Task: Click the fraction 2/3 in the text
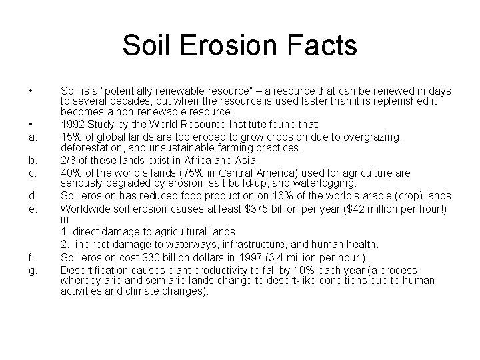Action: click(x=69, y=160)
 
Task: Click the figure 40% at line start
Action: click(x=71, y=172)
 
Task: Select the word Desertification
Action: click(x=92, y=270)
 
